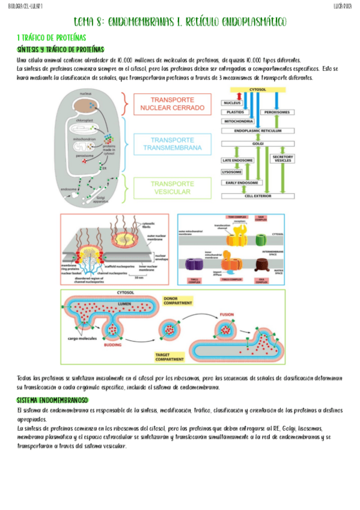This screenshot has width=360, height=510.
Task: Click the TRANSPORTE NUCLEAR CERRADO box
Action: (172, 103)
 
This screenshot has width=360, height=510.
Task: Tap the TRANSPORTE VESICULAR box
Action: (172, 188)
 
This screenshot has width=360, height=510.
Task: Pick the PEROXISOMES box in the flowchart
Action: (278, 112)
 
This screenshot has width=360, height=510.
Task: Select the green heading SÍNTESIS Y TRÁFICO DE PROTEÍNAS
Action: (61, 49)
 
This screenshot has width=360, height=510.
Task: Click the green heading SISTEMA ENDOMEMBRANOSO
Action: (52, 400)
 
